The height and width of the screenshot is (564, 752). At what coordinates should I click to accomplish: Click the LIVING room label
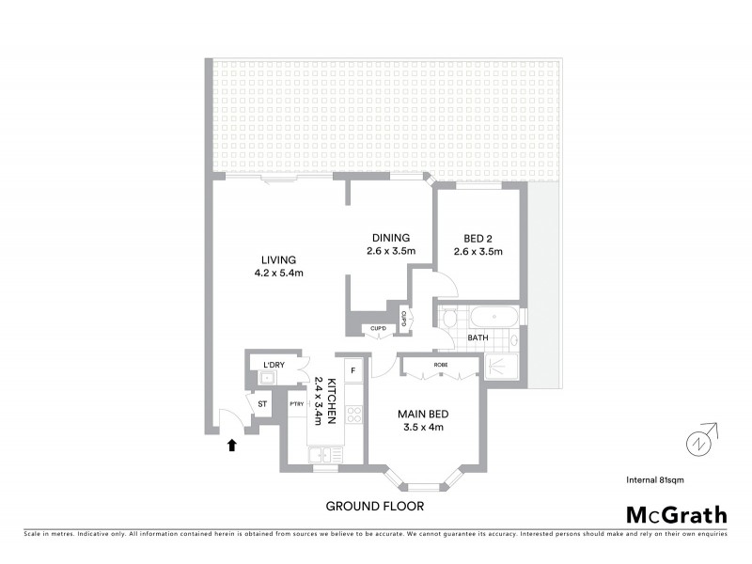pos(279,260)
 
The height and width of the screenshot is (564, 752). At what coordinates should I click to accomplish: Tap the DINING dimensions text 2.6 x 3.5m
pos(391,251)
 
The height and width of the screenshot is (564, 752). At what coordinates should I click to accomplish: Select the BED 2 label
pos(478,238)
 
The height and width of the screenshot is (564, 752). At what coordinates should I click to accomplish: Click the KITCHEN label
pos(331,401)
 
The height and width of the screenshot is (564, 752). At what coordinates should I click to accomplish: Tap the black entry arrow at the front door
pos(231,445)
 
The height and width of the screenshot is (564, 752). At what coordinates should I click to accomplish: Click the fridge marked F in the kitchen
pos(353,369)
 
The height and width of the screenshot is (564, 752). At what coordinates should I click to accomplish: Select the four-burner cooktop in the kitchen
pos(354,415)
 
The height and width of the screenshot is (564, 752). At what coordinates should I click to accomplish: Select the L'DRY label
pos(274,364)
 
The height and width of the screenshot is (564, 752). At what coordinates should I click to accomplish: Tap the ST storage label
pos(263,404)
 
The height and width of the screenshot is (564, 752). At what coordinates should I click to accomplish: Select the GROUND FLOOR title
pos(374,506)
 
